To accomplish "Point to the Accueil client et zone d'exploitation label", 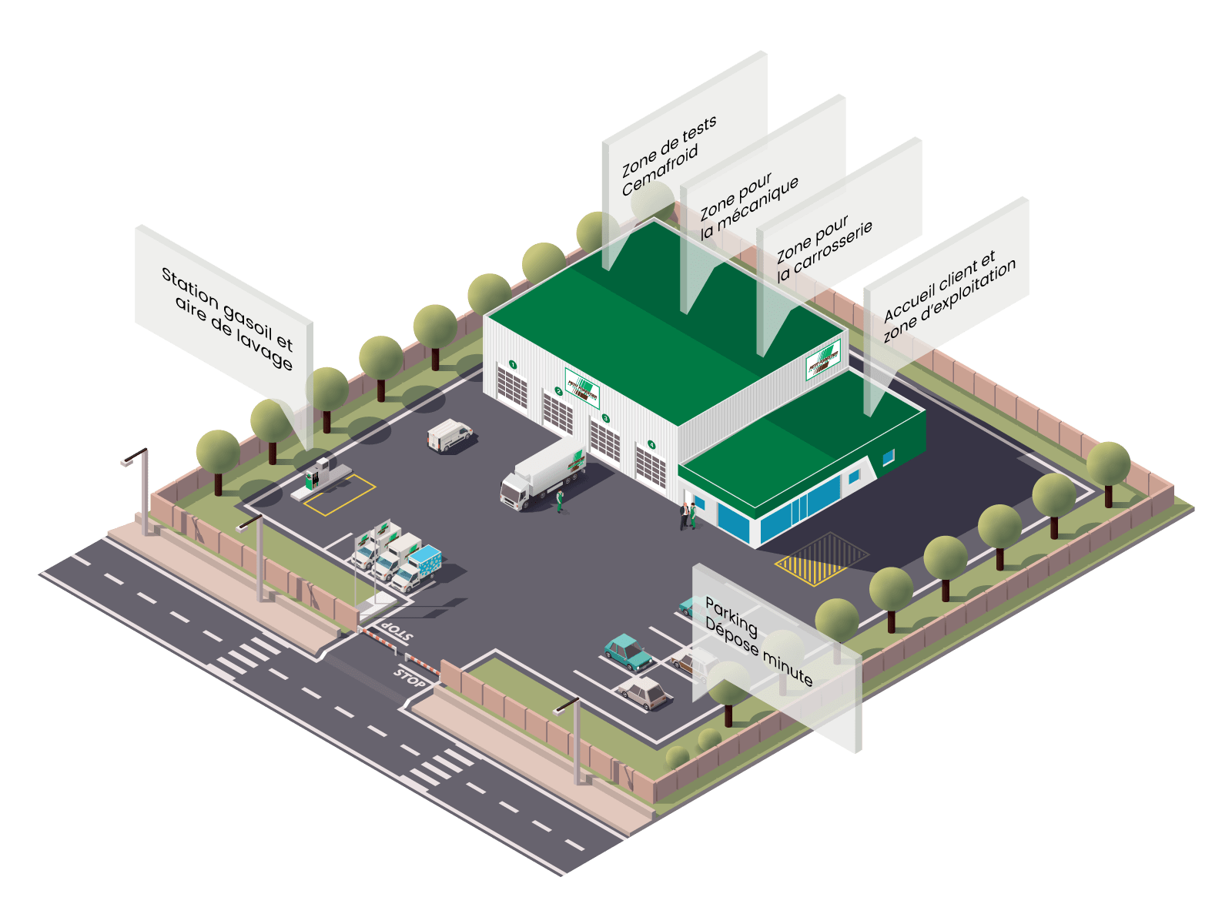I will (x=949, y=296).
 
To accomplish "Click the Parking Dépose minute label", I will (x=758, y=643).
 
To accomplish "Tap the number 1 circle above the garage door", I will (x=513, y=364).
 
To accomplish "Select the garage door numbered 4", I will (x=651, y=468).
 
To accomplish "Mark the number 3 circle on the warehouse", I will (x=605, y=418).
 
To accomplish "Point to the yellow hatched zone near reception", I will (x=821, y=558).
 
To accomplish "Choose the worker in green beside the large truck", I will (x=560, y=500).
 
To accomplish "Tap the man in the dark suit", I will (x=684, y=515).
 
